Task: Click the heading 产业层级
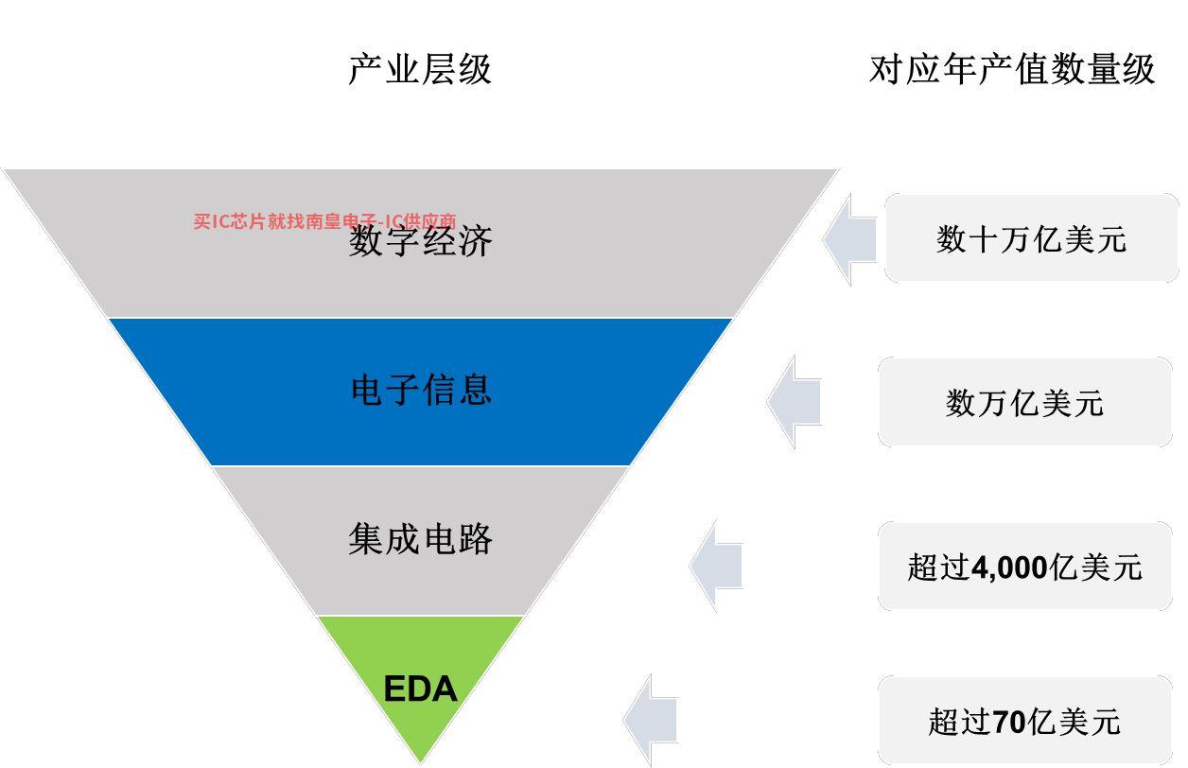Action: [x=420, y=69]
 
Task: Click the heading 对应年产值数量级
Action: [x=1011, y=69]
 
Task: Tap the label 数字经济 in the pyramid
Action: [x=421, y=241]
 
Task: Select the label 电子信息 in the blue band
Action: [x=421, y=389]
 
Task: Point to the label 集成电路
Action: [x=421, y=539]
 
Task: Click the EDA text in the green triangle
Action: [x=420, y=689]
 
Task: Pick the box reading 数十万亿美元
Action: [x=1031, y=238]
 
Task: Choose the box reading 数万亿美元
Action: [x=1024, y=402]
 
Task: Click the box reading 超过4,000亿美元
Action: [x=1024, y=567]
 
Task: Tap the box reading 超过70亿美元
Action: [x=1024, y=722]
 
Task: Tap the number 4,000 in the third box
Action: [x=1009, y=567]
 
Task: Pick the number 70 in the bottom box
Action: [x=1008, y=723]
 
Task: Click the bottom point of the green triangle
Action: [x=420, y=759]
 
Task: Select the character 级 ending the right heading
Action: [x=1138, y=69]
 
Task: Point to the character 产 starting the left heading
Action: [x=366, y=69]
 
